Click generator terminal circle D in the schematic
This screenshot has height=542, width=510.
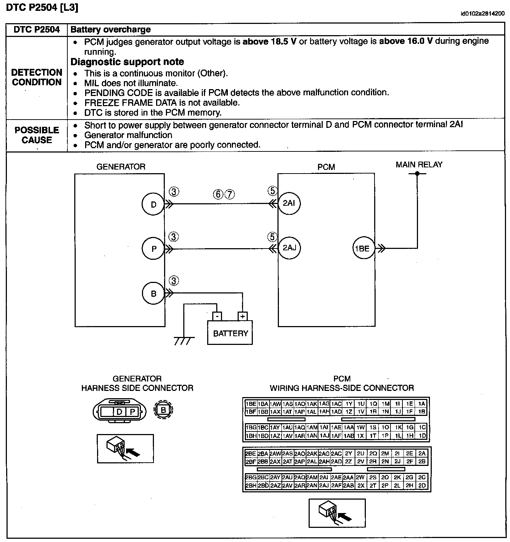[x=154, y=204]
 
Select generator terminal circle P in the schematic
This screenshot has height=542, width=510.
[x=154, y=249]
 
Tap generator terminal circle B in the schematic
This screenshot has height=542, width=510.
[x=154, y=293]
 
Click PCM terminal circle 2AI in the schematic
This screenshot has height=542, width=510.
[x=289, y=203]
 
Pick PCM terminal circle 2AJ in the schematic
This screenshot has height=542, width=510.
[x=289, y=248]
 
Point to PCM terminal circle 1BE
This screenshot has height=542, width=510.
[x=362, y=249]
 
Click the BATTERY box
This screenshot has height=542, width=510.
[x=230, y=333]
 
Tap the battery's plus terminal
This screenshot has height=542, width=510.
[x=242, y=316]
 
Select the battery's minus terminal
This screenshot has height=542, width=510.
[x=217, y=316]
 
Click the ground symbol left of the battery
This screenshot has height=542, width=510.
[x=184, y=340]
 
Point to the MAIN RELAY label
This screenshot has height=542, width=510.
[x=419, y=165]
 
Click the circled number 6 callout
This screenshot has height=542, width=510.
[x=218, y=195]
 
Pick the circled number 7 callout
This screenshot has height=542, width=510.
[x=230, y=195]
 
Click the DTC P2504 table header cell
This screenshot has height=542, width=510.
[x=37, y=30]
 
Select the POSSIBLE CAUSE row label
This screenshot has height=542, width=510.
[x=37, y=135]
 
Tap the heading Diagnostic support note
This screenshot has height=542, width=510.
[x=127, y=62]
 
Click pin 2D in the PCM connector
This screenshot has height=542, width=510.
[x=422, y=486]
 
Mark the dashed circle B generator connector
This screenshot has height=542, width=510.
[x=163, y=410]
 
